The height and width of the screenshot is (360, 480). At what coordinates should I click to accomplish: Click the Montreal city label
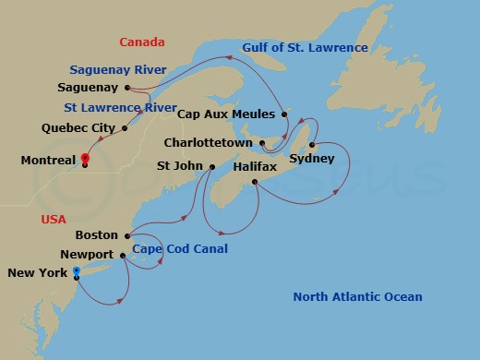pyautogui.click(x=48, y=161)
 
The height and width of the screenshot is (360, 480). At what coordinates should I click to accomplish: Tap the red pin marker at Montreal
pyautogui.click(x=84, y=158)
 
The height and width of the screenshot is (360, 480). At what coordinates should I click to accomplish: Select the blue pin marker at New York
pyautogui.click(x=76, y=272)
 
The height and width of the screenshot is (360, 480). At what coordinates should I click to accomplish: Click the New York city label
pyautogui.click(x=37, y=273)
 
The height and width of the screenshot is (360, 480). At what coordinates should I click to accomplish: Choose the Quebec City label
pyautogui.click(x=78, y=127)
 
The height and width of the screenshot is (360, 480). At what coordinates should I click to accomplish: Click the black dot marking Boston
pyautogui.click(x=126, y=235)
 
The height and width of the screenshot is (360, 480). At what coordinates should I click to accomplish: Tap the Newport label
pyautogui.click(x=86, y=255)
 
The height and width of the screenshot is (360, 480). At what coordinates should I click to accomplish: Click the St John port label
pyautogui.click(x=179, y=167)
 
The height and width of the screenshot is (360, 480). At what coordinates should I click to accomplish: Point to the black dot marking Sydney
pyautogui.click(x=313, y=144)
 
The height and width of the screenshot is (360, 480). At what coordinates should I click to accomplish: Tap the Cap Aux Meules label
pyautogui.click(x=225, y=114)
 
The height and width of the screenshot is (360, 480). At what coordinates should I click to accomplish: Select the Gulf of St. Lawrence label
pyautogui.click(x=306, y=48)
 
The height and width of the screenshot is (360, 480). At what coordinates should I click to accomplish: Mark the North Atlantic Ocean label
pyautogui.click(x=357, y=296)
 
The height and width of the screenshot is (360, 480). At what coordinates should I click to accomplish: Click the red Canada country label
pyautogui.click(x=141, y=42)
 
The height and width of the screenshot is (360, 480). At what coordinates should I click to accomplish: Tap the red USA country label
pyautogui.click(x=54, y=220)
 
